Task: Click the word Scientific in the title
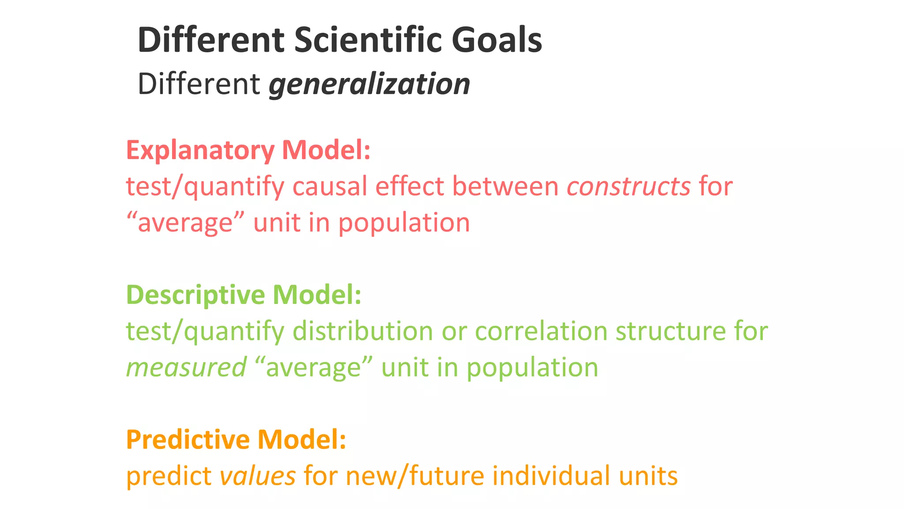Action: click(x=367, y=40)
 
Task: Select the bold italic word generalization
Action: click(x=369, y=84)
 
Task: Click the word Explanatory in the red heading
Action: click(x=200, y=151)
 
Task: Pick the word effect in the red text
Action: click(x=409, y=186)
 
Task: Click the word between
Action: click(x=505, y=186)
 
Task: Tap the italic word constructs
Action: click(x=629, y=186)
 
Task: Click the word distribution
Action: click(x=363, y=331)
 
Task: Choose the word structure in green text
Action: click(x=670, y=331)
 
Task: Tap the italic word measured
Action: click(x=186, y=368)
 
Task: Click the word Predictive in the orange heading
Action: click(x=188, y=440)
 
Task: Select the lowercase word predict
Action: click(x=169, y=476)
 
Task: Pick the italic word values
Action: click(x=257, y=476)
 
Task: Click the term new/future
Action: click(x=415, y=476)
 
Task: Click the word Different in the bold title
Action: click(x=211, y=40)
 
